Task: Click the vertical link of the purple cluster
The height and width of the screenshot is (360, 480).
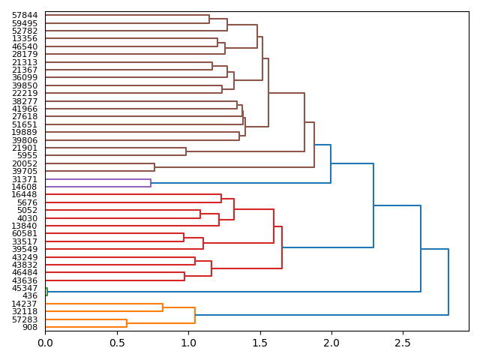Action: pos(151,183)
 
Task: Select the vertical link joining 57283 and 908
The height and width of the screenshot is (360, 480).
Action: pos(127,323)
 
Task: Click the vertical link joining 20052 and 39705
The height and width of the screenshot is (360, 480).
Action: pos(154,167)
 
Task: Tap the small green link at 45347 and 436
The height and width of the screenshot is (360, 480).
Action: pos(46,292)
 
